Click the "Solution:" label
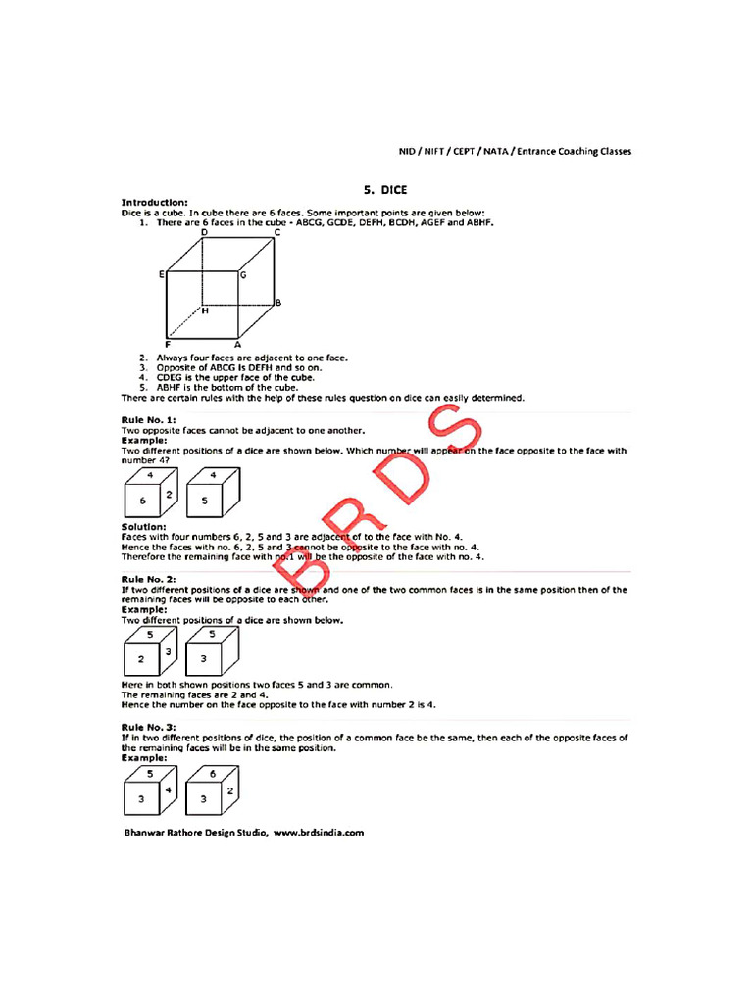[x=143, y=527]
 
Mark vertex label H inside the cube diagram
[x=205, y=310]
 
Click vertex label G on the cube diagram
[x=242, y=276]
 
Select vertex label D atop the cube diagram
[x=204, y=233]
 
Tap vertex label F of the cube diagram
[x=168, y=345]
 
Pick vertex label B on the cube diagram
[x=278, y=303]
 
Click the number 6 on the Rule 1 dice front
[x=143, y=501]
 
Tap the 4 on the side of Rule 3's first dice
[x=169, y=789]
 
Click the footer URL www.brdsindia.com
[x=319, y=833]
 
